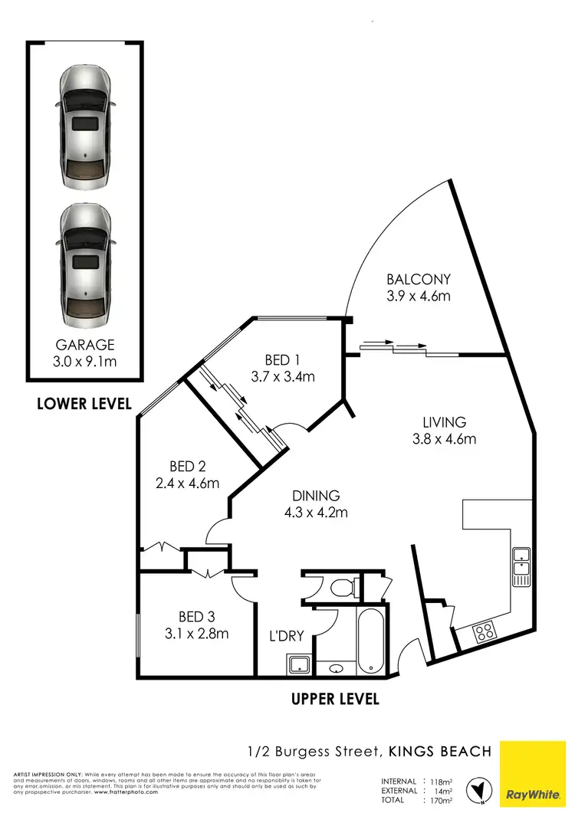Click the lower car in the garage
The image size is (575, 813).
[84, 261]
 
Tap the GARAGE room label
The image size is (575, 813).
[84, 345]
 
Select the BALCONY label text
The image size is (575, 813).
[418, 280]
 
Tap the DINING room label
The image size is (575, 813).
[315, 496]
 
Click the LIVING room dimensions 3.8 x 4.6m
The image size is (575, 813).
[444, 439]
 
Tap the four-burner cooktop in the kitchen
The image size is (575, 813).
[485, 632]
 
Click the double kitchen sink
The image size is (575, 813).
[521, 567]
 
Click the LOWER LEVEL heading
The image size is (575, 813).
[84, 403]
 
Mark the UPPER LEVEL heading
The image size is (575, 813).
[335, 699]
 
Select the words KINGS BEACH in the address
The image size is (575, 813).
[439, 751]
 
